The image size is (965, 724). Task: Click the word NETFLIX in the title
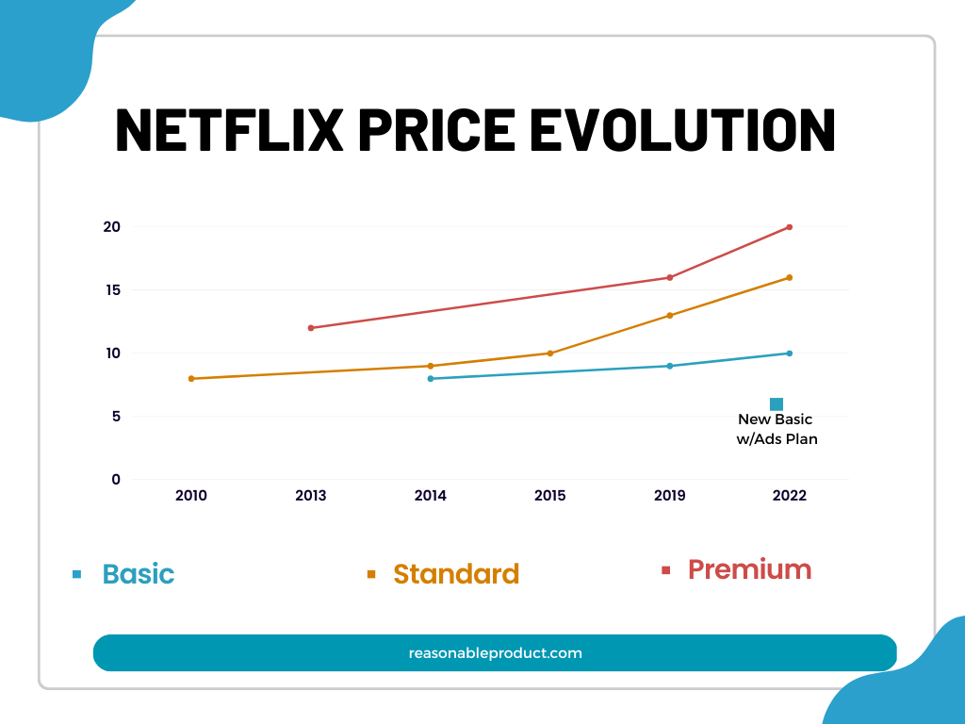(x=229, y=130)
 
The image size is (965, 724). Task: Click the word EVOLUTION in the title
(x=683, y=130)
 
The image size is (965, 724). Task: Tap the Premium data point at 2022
(x=790, y=227)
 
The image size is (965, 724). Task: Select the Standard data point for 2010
(x=191, y=379)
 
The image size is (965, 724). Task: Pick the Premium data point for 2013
(x=311, y=328)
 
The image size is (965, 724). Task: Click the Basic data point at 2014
(x=431, y=379)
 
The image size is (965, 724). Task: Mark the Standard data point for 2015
(x=550, y=354)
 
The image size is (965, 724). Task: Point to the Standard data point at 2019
(x=670, y=315)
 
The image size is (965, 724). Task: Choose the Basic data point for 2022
(x=790, y=354)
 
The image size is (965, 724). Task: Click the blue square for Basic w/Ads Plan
(x=777, y=404)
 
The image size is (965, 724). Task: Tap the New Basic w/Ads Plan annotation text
(x=776, y=429)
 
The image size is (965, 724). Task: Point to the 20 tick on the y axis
(x=112, y=227)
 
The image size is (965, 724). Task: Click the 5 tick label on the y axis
(x=116, y=417)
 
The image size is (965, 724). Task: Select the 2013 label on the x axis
(x=311, y=496)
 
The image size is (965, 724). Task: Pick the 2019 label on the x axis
(x=670, y=496)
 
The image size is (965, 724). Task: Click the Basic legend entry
(x=138, y=574)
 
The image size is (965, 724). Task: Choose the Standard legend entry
(x=455, y=574)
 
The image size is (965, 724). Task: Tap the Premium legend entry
(x=749, y=569)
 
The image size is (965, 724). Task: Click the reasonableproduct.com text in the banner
(x=495, y=652)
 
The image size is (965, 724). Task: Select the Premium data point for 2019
(x=670, y=277)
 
